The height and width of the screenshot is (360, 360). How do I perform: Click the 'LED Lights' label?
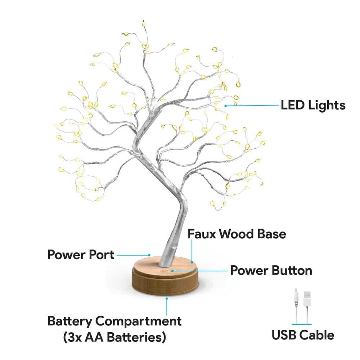[x=313, y=105]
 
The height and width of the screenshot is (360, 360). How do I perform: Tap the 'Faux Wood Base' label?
[x=237, y=234]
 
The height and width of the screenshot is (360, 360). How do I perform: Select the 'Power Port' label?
[x=81, y=255]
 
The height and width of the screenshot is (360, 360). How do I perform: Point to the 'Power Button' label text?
[x=271, y=270]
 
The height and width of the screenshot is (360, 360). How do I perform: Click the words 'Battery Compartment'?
[x=114, y=321]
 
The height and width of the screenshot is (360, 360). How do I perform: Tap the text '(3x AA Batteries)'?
[x=114, y=337]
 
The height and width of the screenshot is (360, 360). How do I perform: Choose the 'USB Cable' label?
[x=303, y=335]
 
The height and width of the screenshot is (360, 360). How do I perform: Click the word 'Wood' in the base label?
[x=237, y=234]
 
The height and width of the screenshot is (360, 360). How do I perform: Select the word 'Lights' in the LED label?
[x=327, y=105]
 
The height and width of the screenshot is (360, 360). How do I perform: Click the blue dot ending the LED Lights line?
[x=226, y=106]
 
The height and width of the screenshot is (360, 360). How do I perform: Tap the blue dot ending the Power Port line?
[x=149, y=255]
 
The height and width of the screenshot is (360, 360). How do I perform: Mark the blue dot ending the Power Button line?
[x=172, y=271]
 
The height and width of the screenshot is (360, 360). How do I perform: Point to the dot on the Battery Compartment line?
[x=167, y=298]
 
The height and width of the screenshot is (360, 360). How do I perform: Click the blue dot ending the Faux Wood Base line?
[x=192, y=262]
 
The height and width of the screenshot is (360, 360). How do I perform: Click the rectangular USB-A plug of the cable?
[x=307, y=298]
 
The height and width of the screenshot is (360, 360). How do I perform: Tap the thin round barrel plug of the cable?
[x=296, y=298]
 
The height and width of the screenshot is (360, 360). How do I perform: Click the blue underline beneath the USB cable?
[x=302, y=324]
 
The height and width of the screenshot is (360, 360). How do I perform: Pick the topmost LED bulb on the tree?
[x=144, y=23]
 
